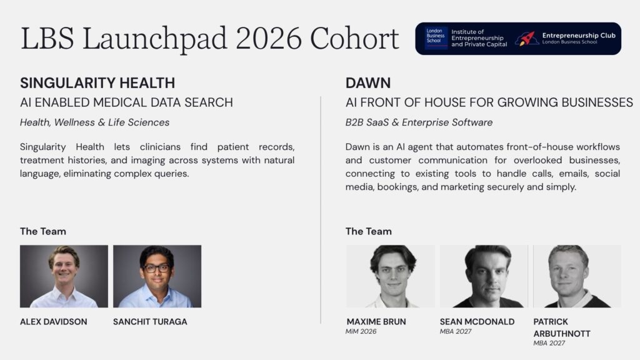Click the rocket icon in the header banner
click(x=527, y=39)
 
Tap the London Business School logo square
click(x=436, y=38)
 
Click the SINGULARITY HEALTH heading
click(x=97, y=83)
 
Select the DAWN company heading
click(x=367, y=83)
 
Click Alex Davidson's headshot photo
click(x=64, y=276)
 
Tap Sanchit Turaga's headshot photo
click(x=157, y=276)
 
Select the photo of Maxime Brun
click(x=390, y=276)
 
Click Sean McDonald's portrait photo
click(x=484, y=276)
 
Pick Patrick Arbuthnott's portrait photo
click(x=577, y=276)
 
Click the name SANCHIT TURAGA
click(x=150, y=322)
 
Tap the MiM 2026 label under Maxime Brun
click(x=361, y=331)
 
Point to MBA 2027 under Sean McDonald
click(x=456, y=331)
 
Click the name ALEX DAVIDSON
click(x=54, y=322)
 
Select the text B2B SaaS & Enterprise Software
click(x=419, y=122)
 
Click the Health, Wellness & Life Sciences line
click(x=95, y=122)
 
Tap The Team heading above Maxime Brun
click(x=369, y=231)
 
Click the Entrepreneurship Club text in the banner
click(x=579, y=36)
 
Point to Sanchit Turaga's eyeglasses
click(x=157, y=268)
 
